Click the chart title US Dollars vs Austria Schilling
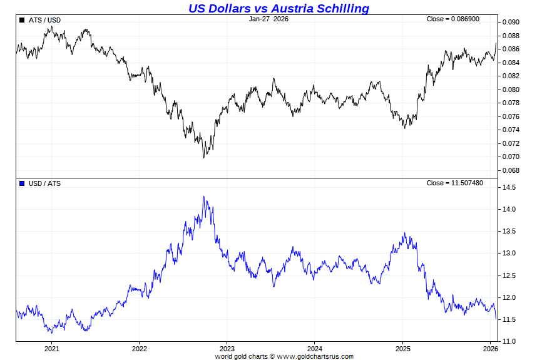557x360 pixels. pos(278,8)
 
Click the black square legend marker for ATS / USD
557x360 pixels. pos(22,20)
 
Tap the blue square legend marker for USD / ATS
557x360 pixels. pos(22,183)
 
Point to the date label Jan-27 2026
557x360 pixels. pos(268,19)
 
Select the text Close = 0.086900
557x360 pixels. pos(453,19)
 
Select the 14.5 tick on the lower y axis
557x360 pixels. pos(508,188)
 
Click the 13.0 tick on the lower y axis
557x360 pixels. pos(508,254)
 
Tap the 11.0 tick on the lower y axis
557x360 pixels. pos(508,342)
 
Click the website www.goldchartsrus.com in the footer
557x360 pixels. pos(315,357)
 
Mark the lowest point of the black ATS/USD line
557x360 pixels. pos(203,157)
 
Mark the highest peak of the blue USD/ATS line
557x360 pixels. pos(203,197)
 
